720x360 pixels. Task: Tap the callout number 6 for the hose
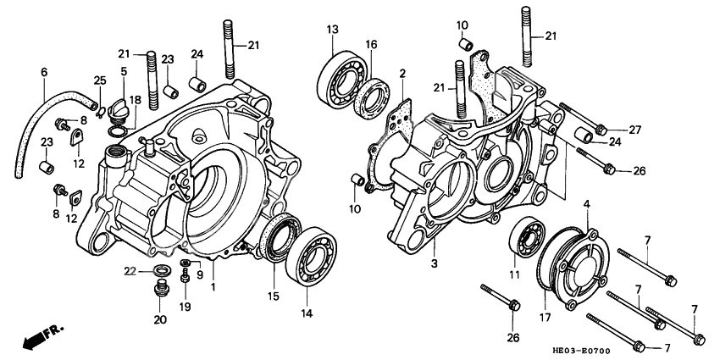pos(44,73)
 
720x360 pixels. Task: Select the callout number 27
pos(635,130)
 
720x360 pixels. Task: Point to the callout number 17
pos(585,203)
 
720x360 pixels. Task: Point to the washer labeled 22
pos(156,271)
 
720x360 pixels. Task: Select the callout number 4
pos(585,203)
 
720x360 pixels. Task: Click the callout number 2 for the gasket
pos(403,73)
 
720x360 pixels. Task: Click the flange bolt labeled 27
pos(601,130)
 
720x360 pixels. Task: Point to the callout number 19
pos(186,306)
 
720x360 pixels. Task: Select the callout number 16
pos(371,44)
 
